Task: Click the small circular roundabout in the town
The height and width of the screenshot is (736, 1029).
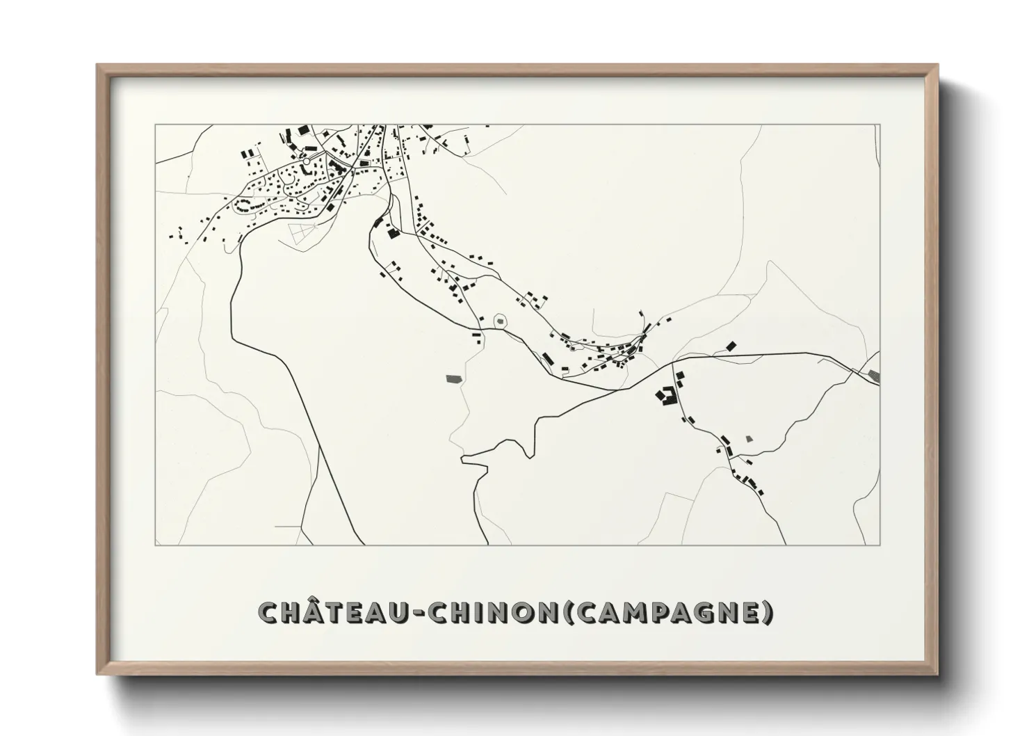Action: coord(305,161)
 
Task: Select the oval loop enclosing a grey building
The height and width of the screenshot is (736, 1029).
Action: coord(501,321)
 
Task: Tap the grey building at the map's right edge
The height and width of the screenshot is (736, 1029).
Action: coord(874,376)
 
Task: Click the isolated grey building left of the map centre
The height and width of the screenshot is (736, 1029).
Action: coord(455,378)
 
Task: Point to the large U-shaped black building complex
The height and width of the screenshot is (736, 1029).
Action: coord(667,396)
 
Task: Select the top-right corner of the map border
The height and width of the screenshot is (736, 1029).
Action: coord(880,125)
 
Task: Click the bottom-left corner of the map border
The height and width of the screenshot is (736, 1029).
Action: coord(155,545)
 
